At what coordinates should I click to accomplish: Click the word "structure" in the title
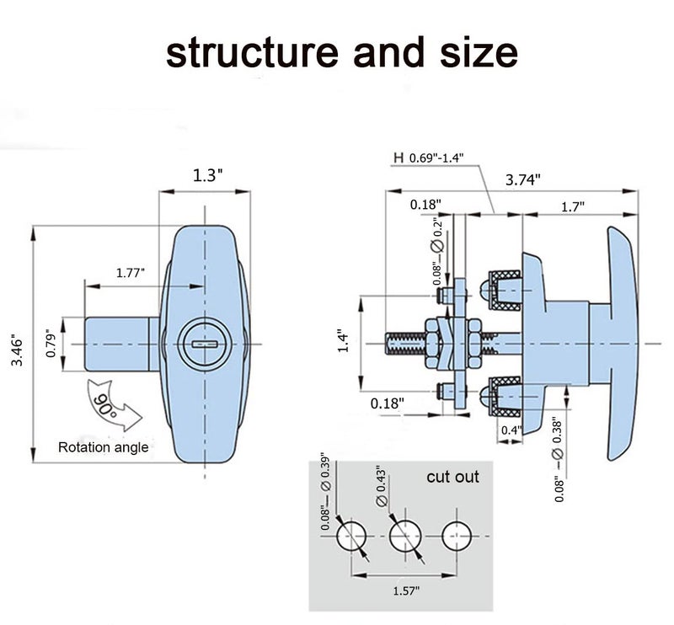click(x=252, y=52)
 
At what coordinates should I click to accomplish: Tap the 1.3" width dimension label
click(x=207, y=175)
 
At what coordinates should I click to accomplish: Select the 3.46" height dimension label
click(x=17, y=350)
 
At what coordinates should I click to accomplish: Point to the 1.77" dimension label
click(x=131, y=273)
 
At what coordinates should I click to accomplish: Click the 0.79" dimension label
click(x=51, y=344)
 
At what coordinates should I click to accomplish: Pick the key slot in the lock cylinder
click(x=205, y=344)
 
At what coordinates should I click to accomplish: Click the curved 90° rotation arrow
click(x=113, y=404)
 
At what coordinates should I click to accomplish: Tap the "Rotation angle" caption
click(x=103, y=447)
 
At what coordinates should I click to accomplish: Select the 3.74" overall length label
click(x=522, y=179)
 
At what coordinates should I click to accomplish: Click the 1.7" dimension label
click(x=573, y=207)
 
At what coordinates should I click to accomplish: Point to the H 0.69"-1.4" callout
click(x=429, y=158)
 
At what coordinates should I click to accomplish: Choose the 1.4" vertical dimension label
click(x=343, y=341)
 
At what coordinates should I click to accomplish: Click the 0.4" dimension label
click(x=511, y=430)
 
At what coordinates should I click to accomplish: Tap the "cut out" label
click(x=452, y=477)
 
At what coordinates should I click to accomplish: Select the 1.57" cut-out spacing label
click(x=406, y=590)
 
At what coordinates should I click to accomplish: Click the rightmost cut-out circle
click(x=457, y=536)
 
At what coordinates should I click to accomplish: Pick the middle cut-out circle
click(x=405, y=536)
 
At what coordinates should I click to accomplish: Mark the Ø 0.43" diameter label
click(x=382, y=486)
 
